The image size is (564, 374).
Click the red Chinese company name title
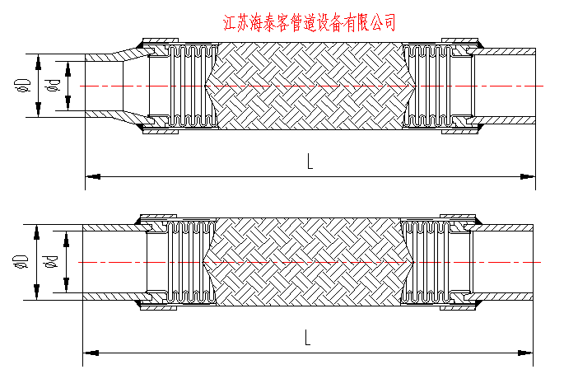(x=310, y=22)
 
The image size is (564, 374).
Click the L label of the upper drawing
(x=310, y=162)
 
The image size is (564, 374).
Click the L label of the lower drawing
(x=305, y=336)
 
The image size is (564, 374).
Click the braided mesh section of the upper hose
(x=309, y=85)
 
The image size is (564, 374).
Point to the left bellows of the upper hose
(x=189, y=85)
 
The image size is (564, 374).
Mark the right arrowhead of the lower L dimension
(x=529, y=353)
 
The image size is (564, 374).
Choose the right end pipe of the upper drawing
(x=506, y=85)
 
